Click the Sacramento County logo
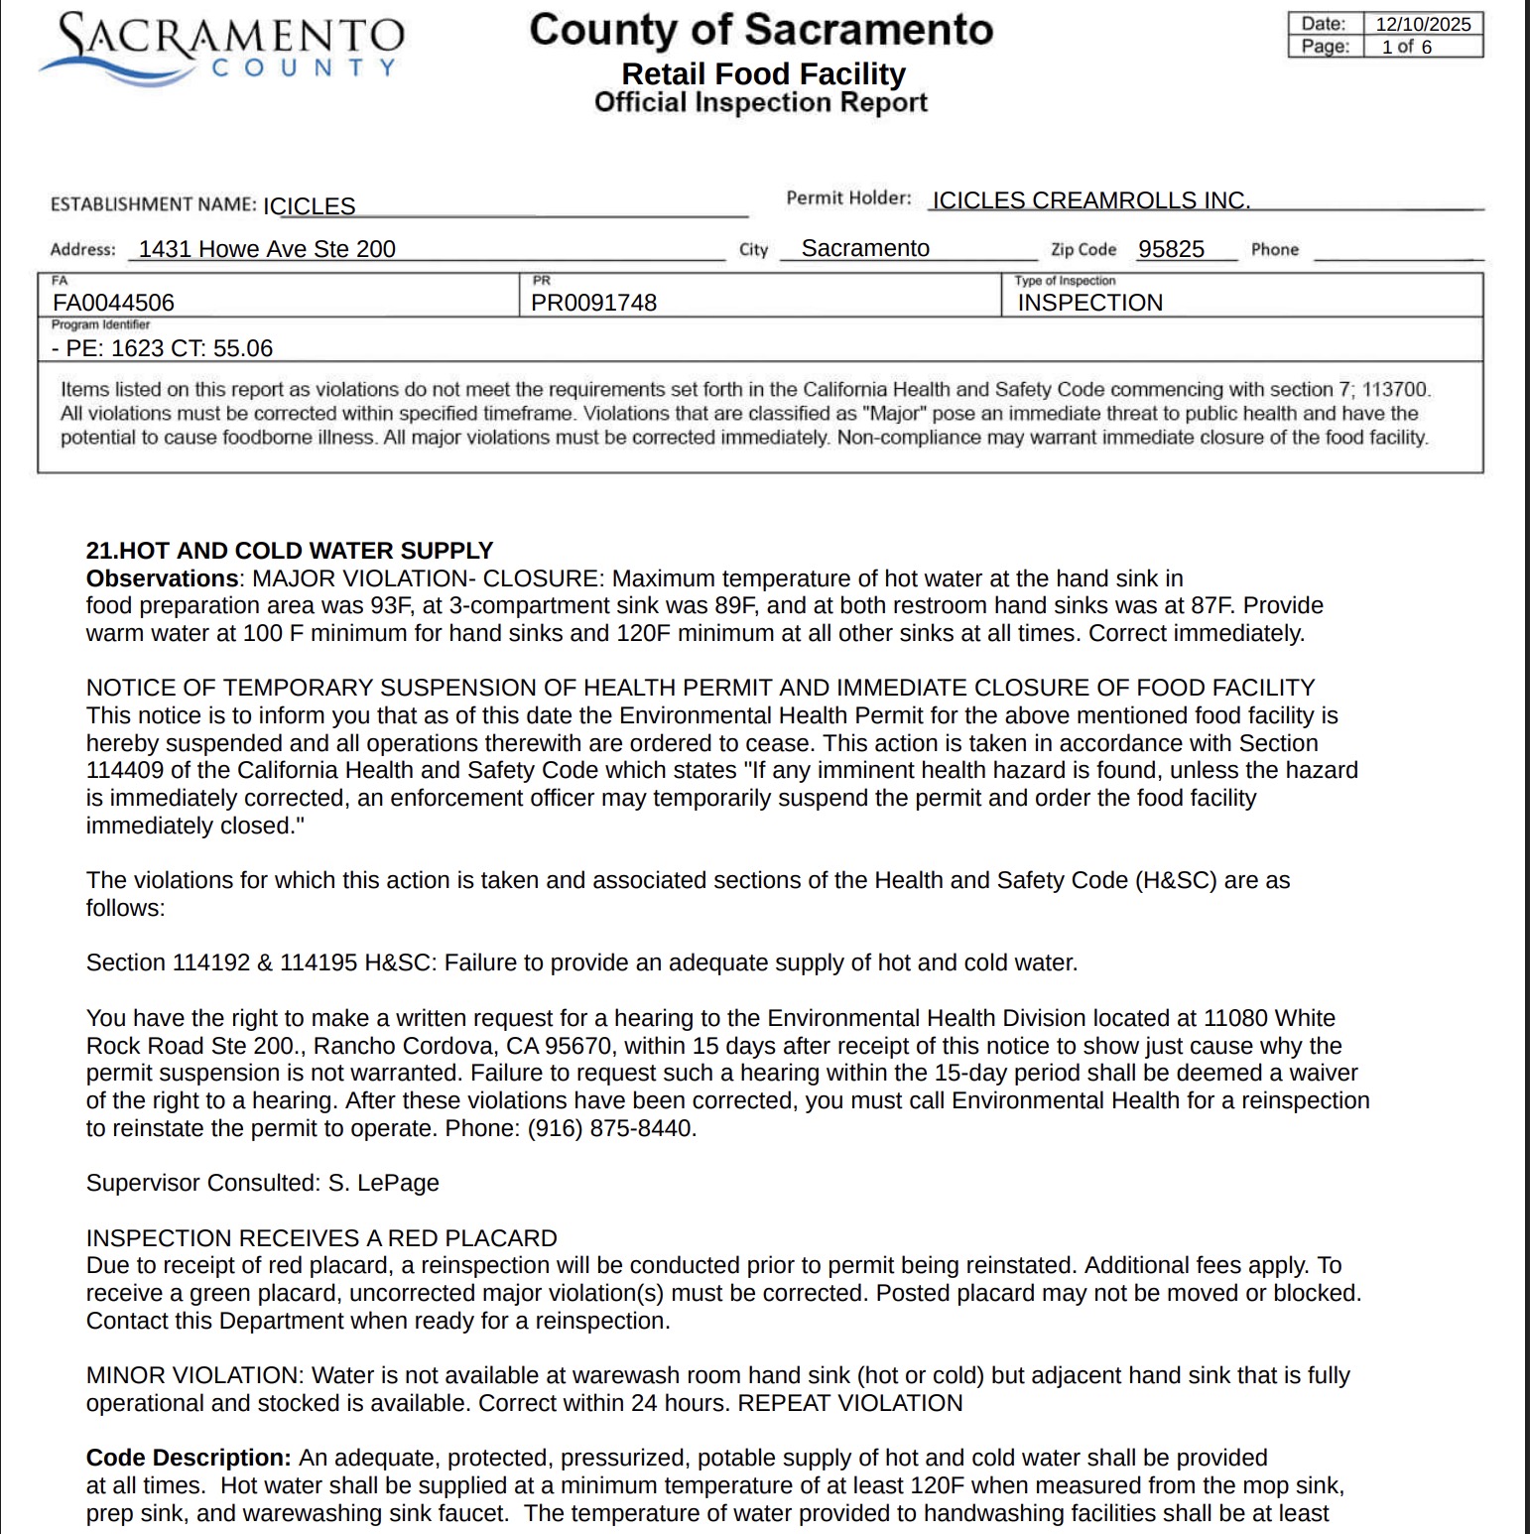coord(221,49)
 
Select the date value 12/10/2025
coord(1423,24)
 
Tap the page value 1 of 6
coord(1406,47)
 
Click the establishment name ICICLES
coord(309,206)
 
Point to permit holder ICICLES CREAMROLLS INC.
coord(1090,200)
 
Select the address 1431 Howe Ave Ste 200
coord(267,249)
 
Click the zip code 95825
coord(1171,249)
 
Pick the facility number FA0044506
coord(113,303)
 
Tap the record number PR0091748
coord(593,303)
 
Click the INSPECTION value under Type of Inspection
coord(1089,303)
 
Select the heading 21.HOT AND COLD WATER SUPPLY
coord(289,551)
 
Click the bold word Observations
coord(162,578)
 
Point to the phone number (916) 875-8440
coord(610,1128)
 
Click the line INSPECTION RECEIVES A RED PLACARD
coord(321,1238)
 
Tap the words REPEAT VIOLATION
coord(850,1403)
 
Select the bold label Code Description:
coord(189,1458)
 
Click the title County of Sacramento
coord(760,30)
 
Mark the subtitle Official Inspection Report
coord(760,102)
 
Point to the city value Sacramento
coord(865,248)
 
